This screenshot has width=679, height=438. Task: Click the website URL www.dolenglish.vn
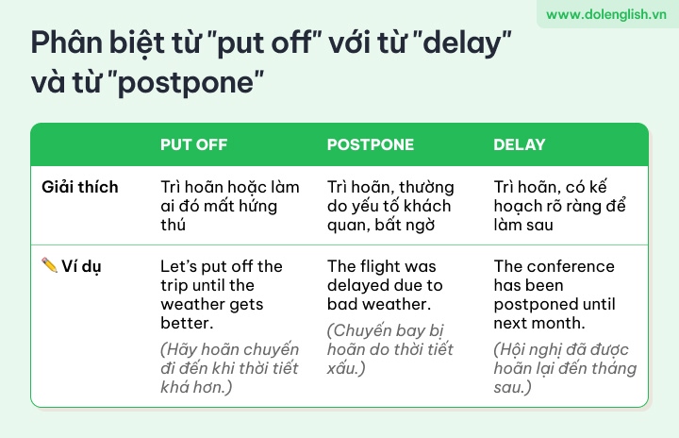click(605, 14)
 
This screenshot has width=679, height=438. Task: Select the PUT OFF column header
click(193, 144)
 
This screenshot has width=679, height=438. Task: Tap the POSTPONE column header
click(371, 144)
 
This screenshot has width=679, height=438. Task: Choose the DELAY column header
click(520, 144)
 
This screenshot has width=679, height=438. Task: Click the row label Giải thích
click(79, 187)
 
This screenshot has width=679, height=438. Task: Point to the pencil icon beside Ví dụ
click(49, 265)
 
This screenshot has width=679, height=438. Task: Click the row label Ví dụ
click(81, 266)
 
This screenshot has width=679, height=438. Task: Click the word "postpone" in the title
click(186, 81)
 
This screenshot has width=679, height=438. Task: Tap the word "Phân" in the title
click(66, 42)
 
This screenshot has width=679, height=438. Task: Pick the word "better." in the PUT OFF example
click(187, 323)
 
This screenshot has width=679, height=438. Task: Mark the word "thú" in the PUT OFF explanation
click(173, 225)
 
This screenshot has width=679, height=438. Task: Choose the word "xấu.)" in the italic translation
click(346, 368)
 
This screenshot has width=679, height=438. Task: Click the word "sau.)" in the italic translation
click(512, 387)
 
